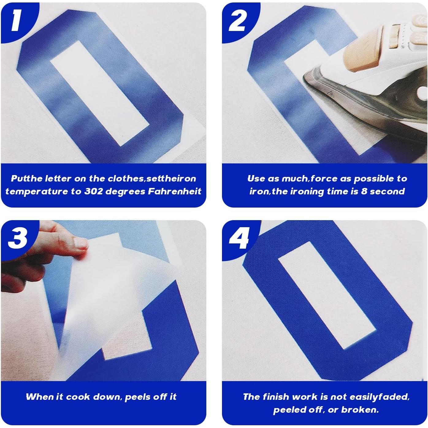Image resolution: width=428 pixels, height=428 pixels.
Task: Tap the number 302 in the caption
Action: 94,192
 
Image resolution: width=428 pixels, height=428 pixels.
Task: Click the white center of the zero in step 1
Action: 99,93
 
